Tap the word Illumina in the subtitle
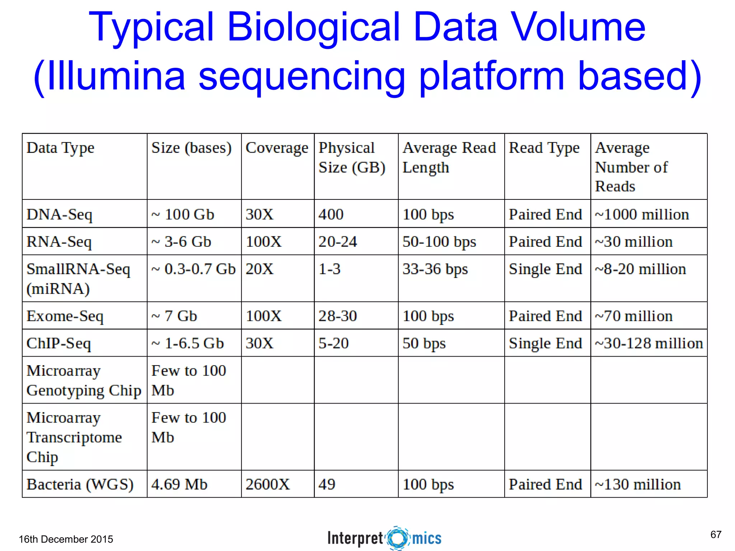pos(116,76)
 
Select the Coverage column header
pos(277,148)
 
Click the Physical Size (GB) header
pos(352,157)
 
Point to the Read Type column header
pos(544,148)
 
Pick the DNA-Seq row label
pos(60,215)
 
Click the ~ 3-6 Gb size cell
pos(181,242)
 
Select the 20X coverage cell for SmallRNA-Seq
pos(259,269)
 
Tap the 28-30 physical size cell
pos(338,316)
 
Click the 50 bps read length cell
pos(424,343)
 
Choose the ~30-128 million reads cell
pos(649,343)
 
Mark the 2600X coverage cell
pos(267,484)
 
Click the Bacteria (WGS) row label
pos(80,484)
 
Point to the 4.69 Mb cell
pos(179,484)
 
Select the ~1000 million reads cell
pos(642,215)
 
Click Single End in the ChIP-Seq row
pos(545,343)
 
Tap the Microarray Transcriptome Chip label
pos(74,437)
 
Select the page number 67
pos(716,534)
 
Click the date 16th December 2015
pos(66,539)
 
